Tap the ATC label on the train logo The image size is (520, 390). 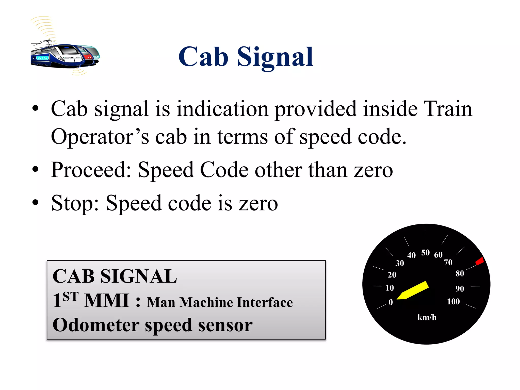42,58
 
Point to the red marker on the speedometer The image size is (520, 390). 480,261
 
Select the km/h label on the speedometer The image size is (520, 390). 427,317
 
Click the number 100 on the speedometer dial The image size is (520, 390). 453,301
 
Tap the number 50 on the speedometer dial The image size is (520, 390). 425,253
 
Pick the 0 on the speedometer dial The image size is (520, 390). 391,302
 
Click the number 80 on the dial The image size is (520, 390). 460,273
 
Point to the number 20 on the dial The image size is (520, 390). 392,275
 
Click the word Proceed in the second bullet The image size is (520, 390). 91,170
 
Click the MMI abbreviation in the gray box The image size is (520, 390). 107,301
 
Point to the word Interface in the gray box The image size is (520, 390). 264,302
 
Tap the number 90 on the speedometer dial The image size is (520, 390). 460,289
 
